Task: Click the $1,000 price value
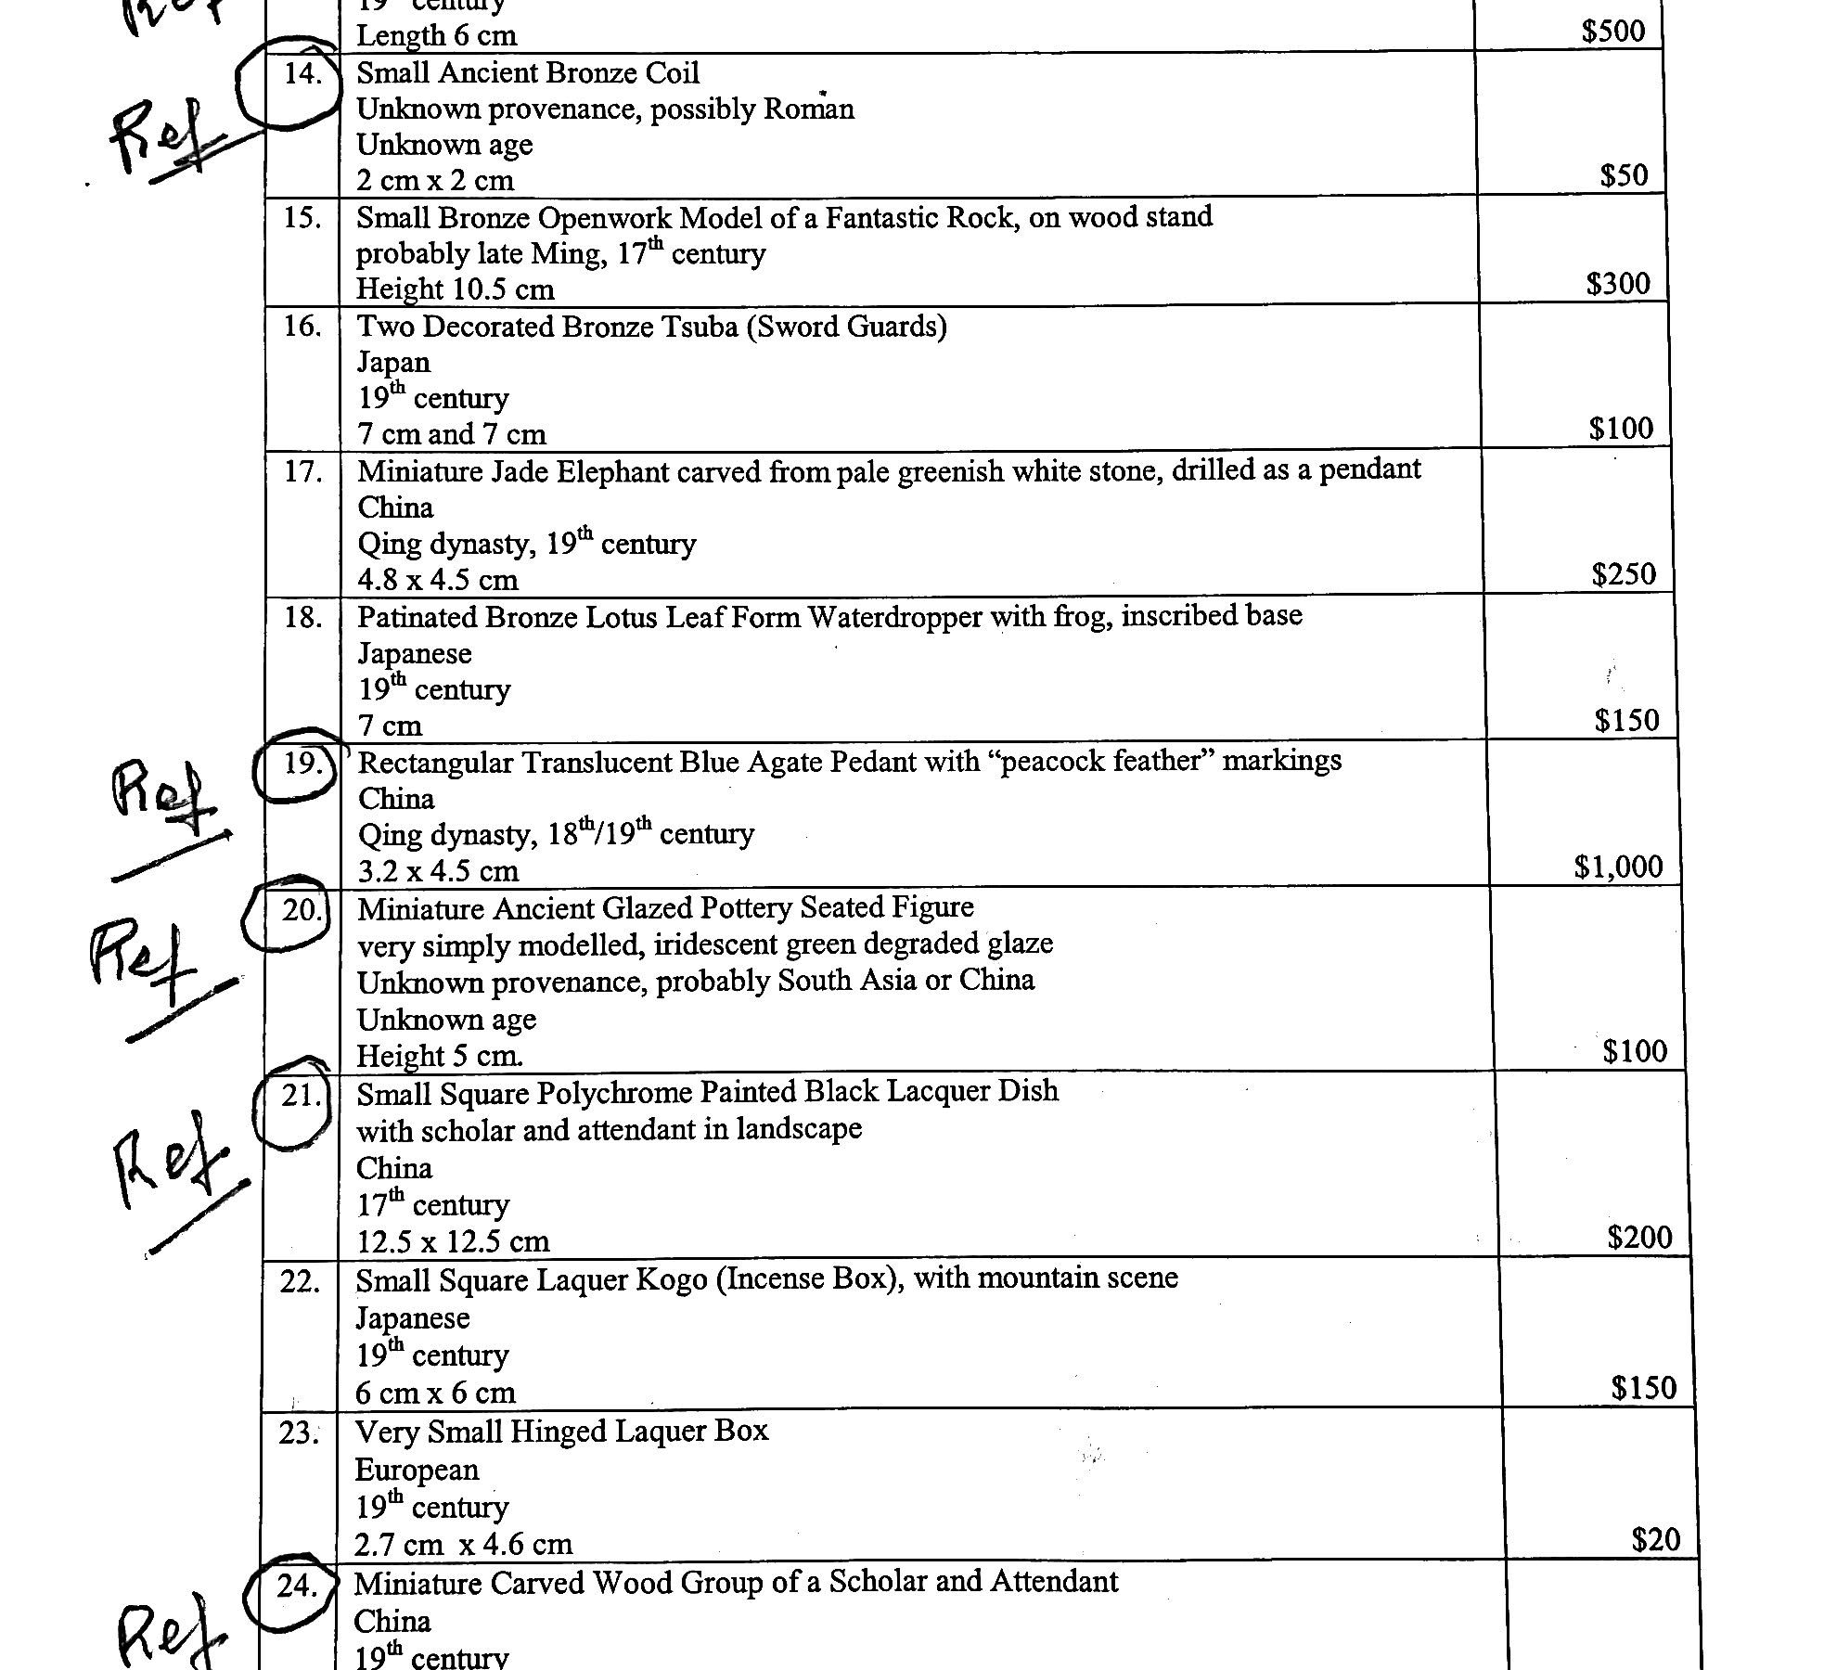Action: coord(1618,867)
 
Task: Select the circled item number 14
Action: coord(302,73)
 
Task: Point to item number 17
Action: coord(302,472)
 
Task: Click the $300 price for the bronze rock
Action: coord(1618,283)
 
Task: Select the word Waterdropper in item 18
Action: coord(895,617)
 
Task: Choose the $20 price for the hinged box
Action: coord(1655,1540)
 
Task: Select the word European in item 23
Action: coord(417,1470)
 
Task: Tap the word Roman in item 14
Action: coord(808,109)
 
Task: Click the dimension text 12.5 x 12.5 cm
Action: coord(453,1241)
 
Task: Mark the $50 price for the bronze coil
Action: coord(1624,175)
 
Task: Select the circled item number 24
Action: coord(297,1586)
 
